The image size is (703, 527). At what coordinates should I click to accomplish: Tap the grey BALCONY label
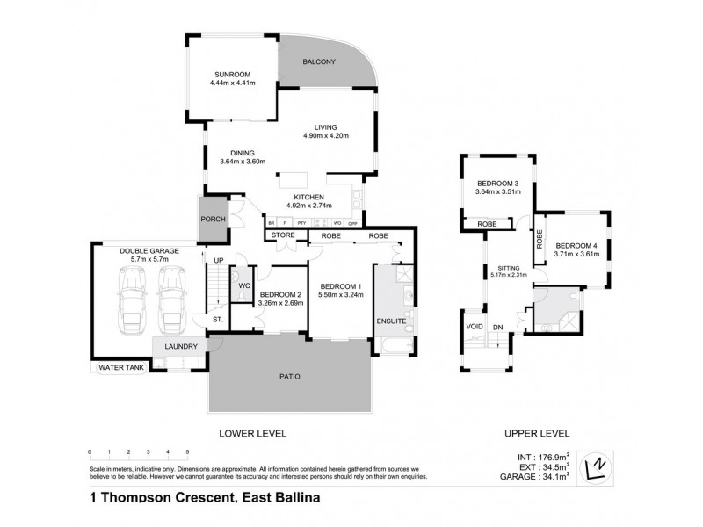click(x=321, y=61)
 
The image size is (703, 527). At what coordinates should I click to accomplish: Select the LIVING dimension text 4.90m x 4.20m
click(x=320, y=135)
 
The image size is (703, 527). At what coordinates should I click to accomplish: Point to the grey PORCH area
click(x=213, y=220)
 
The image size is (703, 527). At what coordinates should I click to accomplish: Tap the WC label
click(x=243, y=285)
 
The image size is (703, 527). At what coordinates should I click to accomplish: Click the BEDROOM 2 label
click(x=280, y=294)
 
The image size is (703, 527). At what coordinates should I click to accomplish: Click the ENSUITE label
click(x=392, y=321)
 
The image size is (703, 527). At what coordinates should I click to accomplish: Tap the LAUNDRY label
click(x=181, y=346)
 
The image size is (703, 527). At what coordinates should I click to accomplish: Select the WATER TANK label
click(x=121, y=367)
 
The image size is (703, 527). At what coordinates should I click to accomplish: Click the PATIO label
click(x=291, y=377)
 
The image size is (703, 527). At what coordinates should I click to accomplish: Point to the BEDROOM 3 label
click(x=497, y=182)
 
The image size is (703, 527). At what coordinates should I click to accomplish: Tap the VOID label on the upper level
click(x=474, y=327)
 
